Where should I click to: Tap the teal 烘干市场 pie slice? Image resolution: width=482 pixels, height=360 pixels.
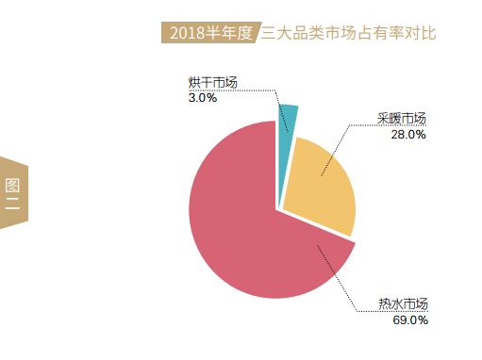point(289,118)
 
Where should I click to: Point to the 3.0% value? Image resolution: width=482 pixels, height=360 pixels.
point(203,97)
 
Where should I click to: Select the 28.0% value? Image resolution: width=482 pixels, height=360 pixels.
point(408,134)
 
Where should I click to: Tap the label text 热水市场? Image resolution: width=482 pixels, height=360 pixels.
point(405,303)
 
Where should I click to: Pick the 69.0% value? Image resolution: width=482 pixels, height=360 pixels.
point(410,319)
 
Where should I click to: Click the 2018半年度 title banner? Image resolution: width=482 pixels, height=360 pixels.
point(208,33)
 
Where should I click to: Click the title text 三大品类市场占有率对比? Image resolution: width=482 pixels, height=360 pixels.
point(348,33)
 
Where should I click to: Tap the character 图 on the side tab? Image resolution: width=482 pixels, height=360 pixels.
point(12,183)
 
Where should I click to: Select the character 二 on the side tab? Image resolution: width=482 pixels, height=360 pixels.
point(12,202)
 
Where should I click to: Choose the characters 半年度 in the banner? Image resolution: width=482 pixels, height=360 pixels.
point(231,33)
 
